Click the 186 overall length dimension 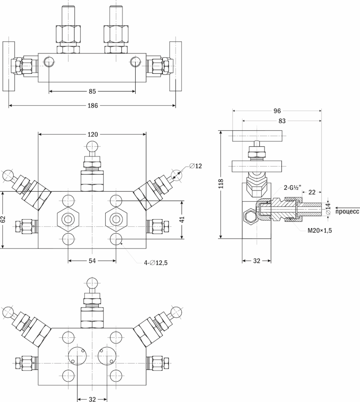[92, 106]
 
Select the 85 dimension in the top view [92, 91]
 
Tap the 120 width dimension [92, 134]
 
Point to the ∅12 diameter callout [195, 166]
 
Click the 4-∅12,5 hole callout [156, 263]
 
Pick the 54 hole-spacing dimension [92, 260]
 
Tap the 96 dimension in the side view [277, 111]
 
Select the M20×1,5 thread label [320, 230]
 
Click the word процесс [347, 212]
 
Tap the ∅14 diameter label [328, 208]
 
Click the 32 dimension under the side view [256, 260]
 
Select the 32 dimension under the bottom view [92, 399]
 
